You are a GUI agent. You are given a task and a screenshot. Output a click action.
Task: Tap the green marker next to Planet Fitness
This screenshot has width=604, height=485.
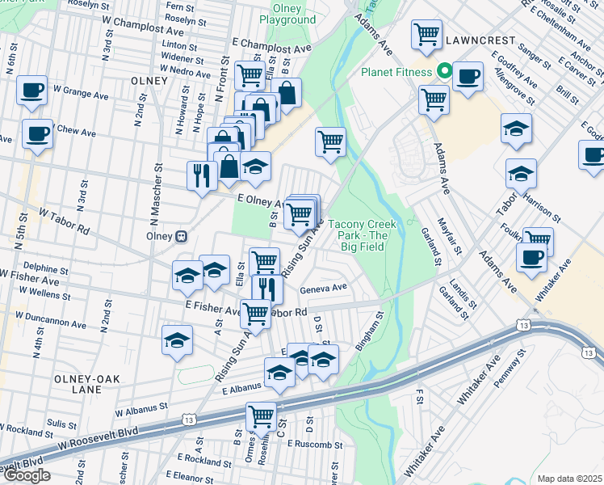click(443, 71)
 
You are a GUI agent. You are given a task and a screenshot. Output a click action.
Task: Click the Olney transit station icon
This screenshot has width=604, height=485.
click(182, 236)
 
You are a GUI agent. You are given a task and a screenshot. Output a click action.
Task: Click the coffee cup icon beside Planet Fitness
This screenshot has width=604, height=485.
click(468, 78)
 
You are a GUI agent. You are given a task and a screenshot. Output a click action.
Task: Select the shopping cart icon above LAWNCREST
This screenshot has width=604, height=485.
click(426, 34)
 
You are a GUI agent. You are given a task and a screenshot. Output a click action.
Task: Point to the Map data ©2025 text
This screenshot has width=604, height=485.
click(568, 479)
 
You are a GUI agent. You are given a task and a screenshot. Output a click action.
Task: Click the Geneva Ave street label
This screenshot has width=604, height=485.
click(323, 286)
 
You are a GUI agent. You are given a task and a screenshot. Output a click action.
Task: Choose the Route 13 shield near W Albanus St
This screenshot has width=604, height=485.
click(189, 420)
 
